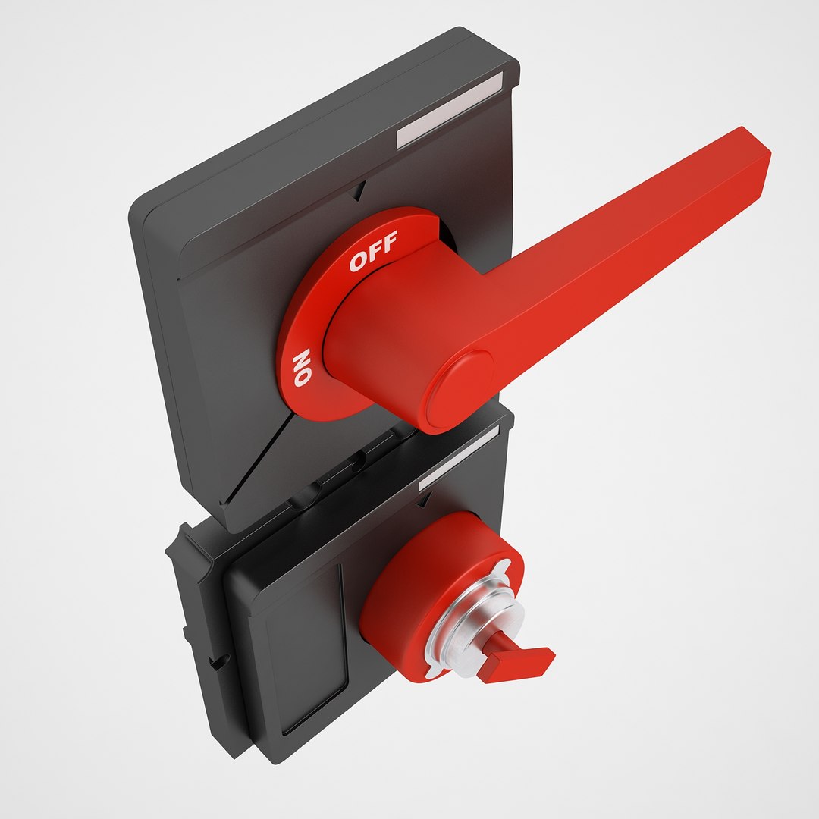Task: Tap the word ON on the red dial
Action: tap(302, 368)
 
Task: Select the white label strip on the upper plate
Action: tap(449, 111)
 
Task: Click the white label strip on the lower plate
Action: tap(459, 457)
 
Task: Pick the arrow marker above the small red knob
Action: tap(425, 498)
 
